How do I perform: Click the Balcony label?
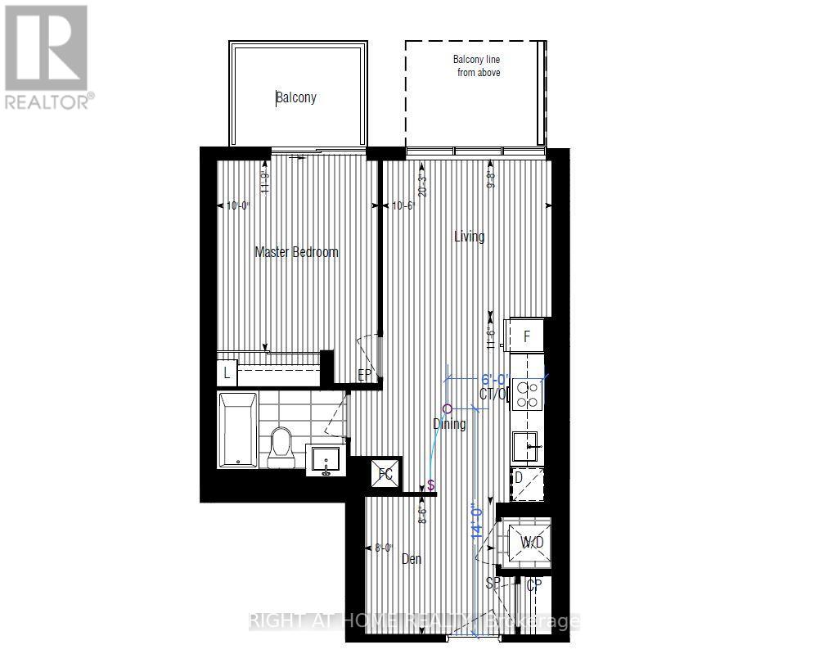pos(296,97)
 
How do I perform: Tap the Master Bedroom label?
pos(296,251)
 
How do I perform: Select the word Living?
pos(470,237)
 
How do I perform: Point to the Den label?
pos(412,559)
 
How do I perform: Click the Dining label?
pos(449,423)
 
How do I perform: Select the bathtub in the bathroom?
pos(237,430)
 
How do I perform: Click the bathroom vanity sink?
pos(326,460)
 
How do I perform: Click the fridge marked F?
pos(527,335)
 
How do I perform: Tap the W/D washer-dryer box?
pos(529,542)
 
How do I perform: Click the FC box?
pos(386,473)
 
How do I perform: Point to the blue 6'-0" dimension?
pos(494,380)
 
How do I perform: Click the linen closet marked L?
pos(227,374)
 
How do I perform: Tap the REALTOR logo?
pos(47,57)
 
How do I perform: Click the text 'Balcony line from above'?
pos(477,65)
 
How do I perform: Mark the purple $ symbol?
pos(430,486)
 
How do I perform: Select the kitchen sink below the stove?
pos(527,446)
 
